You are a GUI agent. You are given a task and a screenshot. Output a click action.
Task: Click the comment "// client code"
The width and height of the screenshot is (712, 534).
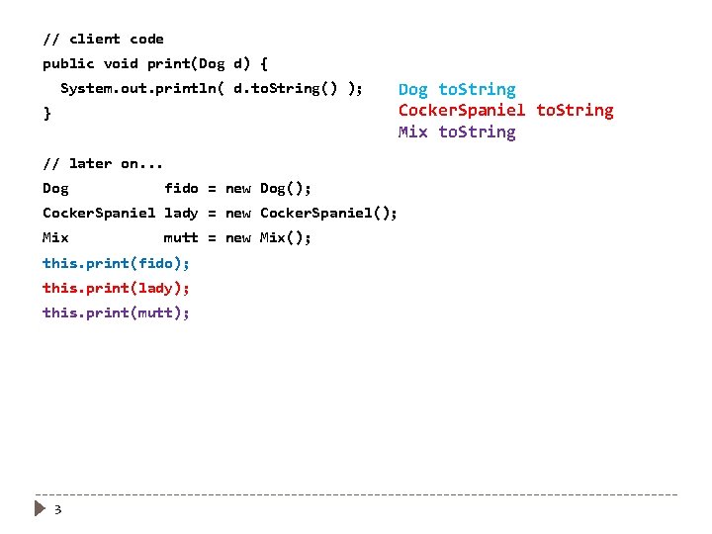(x=103, y=39)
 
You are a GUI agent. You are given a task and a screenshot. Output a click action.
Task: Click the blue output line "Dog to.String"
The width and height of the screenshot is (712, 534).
(x=456, y=89)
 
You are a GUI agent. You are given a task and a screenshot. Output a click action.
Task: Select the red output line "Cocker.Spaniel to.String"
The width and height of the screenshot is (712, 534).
(x=505, y=110)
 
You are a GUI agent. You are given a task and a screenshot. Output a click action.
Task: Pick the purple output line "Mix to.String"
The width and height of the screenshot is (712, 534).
(x=456, y=132)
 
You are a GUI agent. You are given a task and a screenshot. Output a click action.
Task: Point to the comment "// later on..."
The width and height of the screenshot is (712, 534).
(x=103, y=163)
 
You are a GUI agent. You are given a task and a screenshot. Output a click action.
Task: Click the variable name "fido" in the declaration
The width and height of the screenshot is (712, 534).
(x=181, y=188)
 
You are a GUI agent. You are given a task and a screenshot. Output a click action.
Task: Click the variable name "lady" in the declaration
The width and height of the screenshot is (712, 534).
(x=181, y=213)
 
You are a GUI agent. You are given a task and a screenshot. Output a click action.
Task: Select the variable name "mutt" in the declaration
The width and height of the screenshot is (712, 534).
(x=181, y=237)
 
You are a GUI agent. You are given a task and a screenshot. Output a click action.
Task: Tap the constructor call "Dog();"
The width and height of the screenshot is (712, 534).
(x=286, y=188)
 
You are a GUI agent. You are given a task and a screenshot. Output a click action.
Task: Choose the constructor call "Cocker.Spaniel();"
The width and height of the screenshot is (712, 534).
(x=328, y=213)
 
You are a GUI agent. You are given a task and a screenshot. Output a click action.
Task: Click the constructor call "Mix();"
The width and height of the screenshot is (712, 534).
(x=286, y=237)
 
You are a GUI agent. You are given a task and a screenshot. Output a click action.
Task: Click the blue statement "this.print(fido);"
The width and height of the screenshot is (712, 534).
(x=116, y=263)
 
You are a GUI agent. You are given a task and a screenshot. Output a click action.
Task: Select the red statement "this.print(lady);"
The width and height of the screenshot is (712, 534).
(x=116, y=288)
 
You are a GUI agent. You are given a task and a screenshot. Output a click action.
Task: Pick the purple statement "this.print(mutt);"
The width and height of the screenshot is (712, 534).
(x=116, y=312)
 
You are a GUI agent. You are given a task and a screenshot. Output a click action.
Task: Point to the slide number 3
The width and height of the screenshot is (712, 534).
(x=58, y=510)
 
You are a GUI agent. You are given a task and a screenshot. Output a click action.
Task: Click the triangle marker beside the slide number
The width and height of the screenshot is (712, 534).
(x=40, y=509)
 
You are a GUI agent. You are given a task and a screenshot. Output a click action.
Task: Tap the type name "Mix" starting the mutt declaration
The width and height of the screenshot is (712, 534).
(x=55, y=237)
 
